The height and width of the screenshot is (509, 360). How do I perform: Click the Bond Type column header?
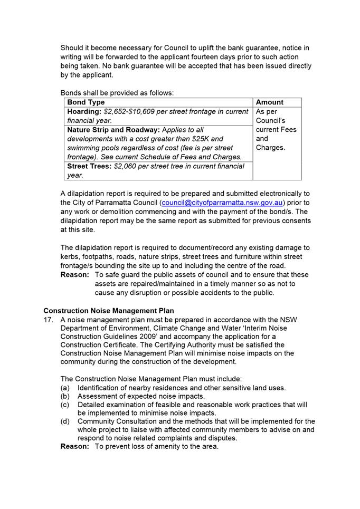86,102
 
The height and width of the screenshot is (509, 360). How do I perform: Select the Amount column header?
269,102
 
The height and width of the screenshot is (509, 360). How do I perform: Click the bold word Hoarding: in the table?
84,112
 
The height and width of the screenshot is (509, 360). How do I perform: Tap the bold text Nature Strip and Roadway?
113,130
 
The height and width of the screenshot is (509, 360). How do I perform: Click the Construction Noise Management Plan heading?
109,311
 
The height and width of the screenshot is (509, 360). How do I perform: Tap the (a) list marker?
65,388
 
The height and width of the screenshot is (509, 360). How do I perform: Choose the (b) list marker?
65,396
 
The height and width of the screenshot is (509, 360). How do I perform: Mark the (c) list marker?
65,405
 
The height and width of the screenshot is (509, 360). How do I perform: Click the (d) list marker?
65,421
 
